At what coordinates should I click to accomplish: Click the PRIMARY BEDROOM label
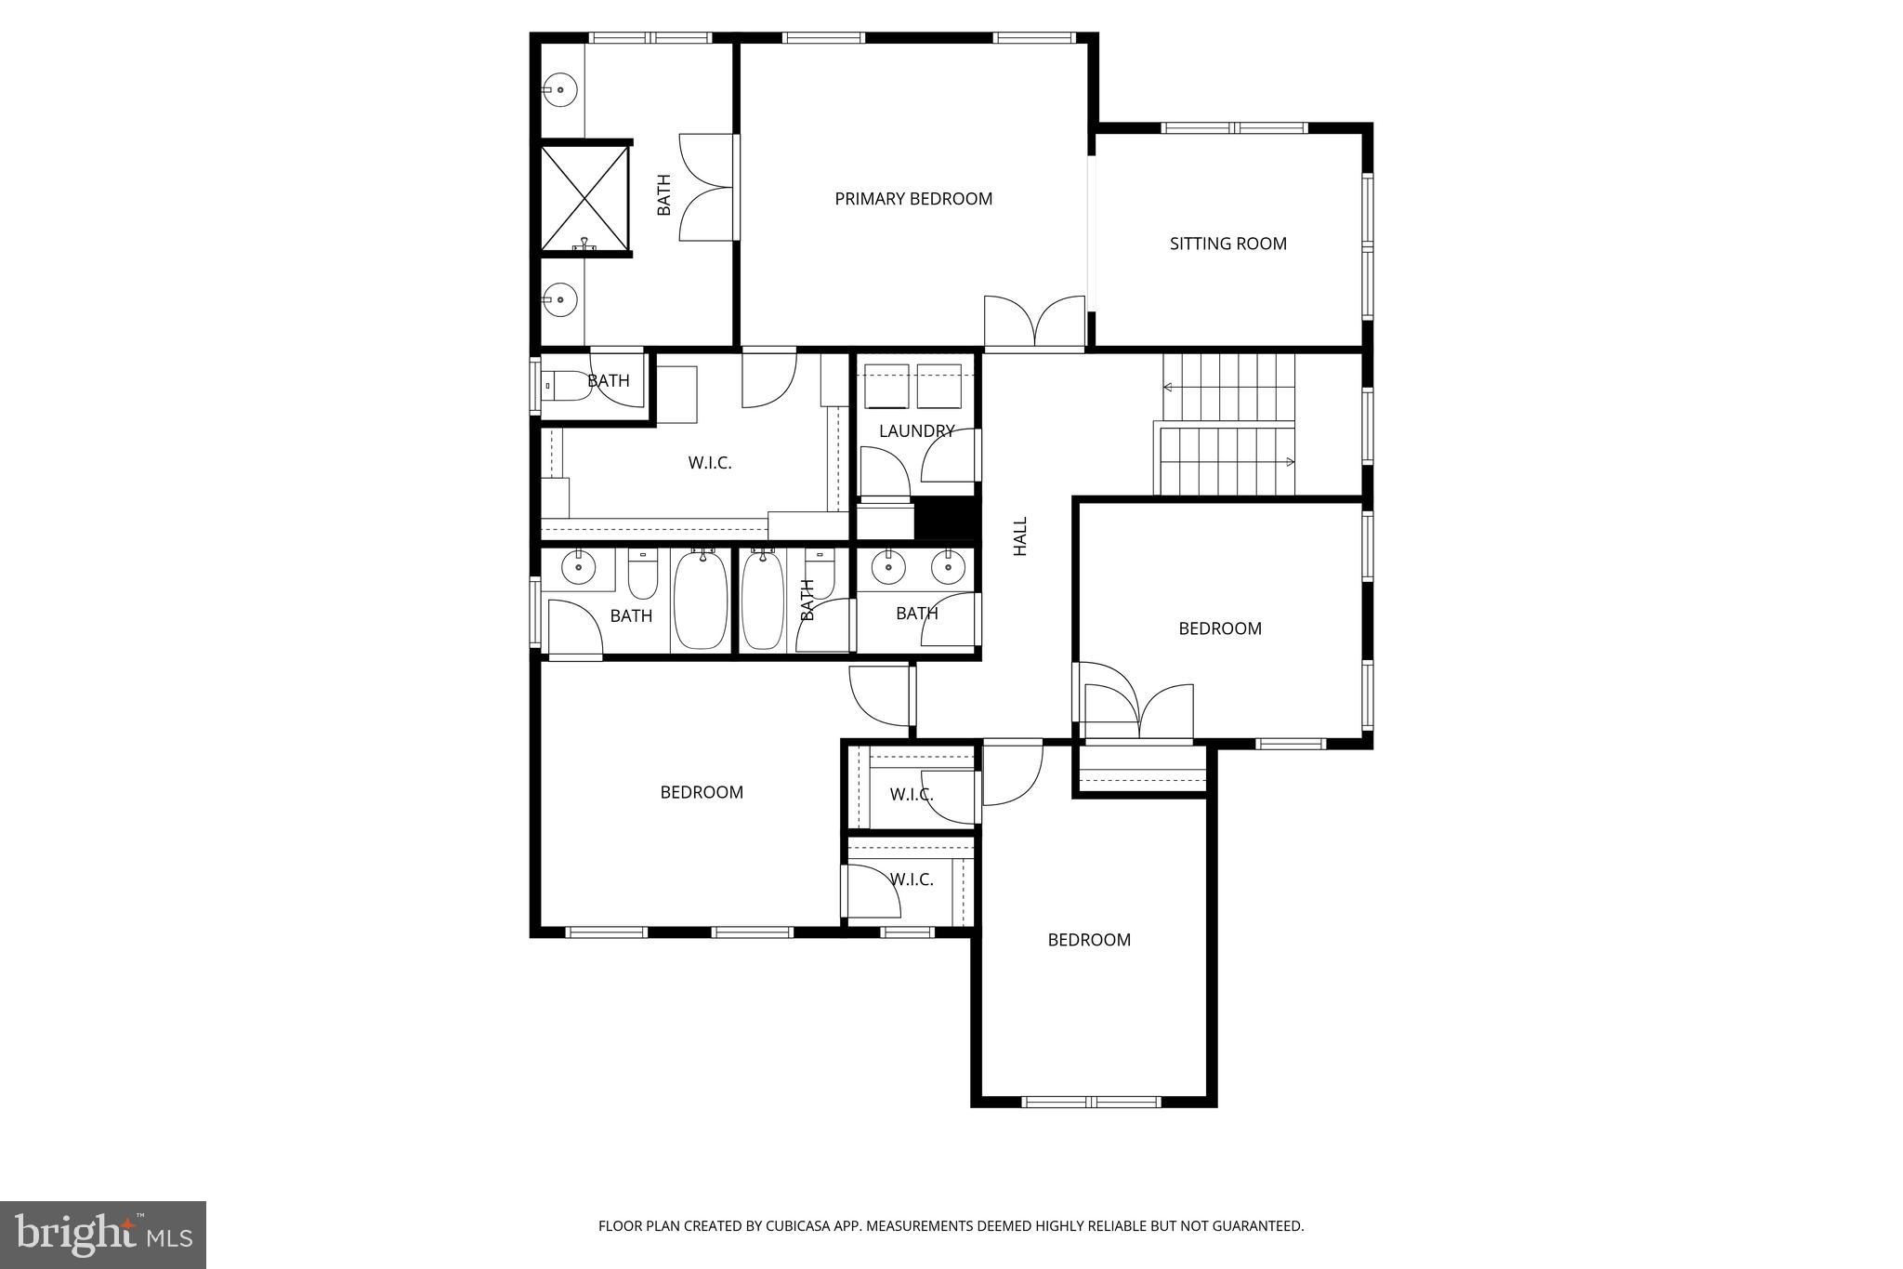(x=913, y=199)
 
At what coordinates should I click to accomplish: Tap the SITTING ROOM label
(x=1227, y=244)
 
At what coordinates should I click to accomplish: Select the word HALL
(x=1020, y=536)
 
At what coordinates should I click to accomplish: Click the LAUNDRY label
(x=916, y=431)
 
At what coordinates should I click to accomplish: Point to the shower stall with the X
(x=584, y=197)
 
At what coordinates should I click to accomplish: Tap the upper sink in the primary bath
(x=560, y=90)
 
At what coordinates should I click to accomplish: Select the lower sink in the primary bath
(x=560, y=299)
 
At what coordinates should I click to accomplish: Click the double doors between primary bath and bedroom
(x=708, y=188)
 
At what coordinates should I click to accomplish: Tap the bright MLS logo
(x=103, y=1235)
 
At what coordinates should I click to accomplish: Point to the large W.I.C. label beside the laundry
(x=710, y=463)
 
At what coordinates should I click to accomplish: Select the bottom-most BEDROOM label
(x=1089, y=940)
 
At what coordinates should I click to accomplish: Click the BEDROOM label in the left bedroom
(x=702, y=793)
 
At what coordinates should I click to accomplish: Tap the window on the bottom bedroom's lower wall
(x=1091, y=1102)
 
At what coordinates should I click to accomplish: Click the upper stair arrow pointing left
(x=1169, y=387)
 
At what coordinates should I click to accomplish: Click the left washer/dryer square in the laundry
(x=886, y=386)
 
